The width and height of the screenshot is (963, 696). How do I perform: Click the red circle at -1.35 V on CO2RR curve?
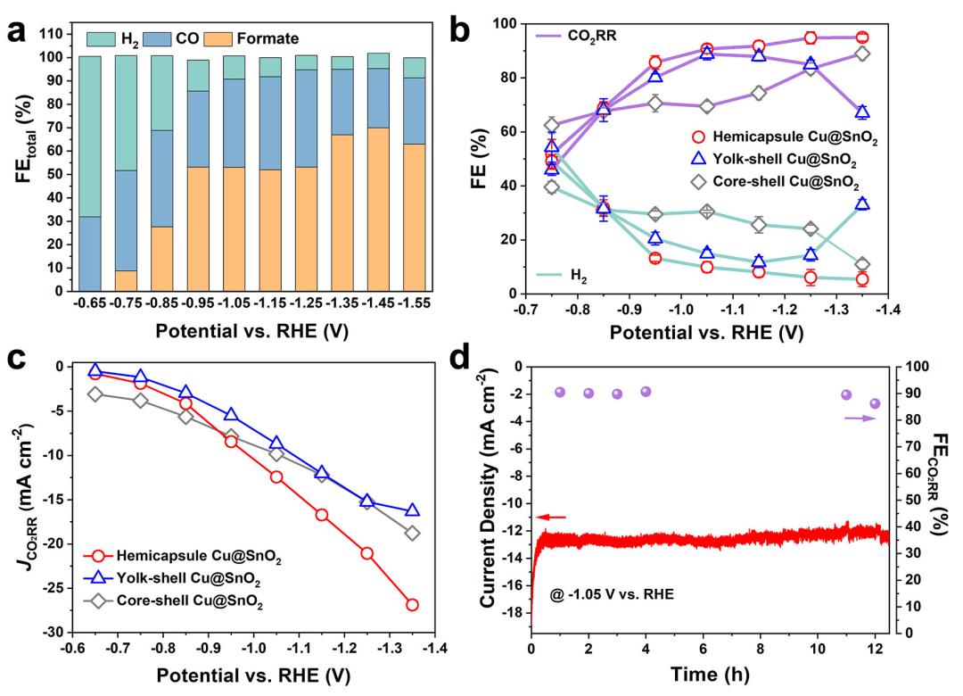pos(862,37)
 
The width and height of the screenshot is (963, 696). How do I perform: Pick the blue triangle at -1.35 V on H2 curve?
pos(862,203)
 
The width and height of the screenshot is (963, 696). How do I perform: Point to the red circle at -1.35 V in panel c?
pos(412,604)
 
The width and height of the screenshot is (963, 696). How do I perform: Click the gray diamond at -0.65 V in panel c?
pos(95,394)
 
